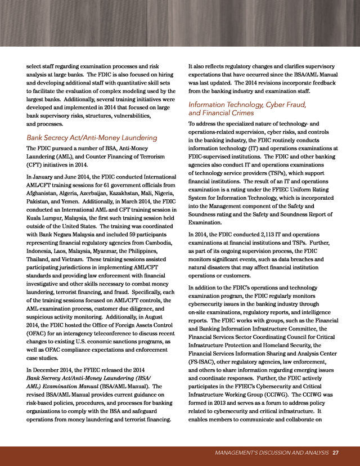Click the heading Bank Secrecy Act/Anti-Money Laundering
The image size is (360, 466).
click(92, 138)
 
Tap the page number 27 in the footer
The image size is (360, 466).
click(335, 452)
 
